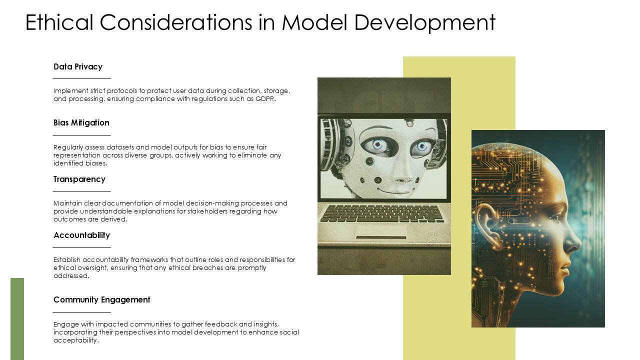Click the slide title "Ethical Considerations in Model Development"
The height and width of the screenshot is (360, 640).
click(260, 22)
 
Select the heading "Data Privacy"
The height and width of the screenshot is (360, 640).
click(78, 66)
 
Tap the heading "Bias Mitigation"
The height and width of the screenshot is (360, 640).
click(81, 122)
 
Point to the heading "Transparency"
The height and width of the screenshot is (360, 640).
click(79, 179)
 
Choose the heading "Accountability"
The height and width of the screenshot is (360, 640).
click(81, 235)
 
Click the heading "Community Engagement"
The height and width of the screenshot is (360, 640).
click(102, 299)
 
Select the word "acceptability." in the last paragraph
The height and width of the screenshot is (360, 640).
click(76, 340)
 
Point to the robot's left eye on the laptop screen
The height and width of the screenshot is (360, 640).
click(378, 145)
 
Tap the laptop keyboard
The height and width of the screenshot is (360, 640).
click(382, 213)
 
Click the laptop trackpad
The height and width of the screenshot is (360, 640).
click(381, 231)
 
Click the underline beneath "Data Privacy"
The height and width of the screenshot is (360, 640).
click(81, 79)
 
